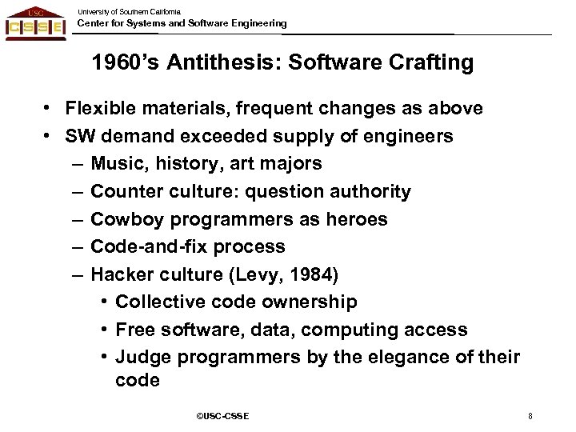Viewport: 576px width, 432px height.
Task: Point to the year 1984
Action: (x=314, y=274)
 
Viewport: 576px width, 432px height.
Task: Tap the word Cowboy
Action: (x=125, y=219)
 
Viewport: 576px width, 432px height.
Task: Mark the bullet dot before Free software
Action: (x=105, y=330)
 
